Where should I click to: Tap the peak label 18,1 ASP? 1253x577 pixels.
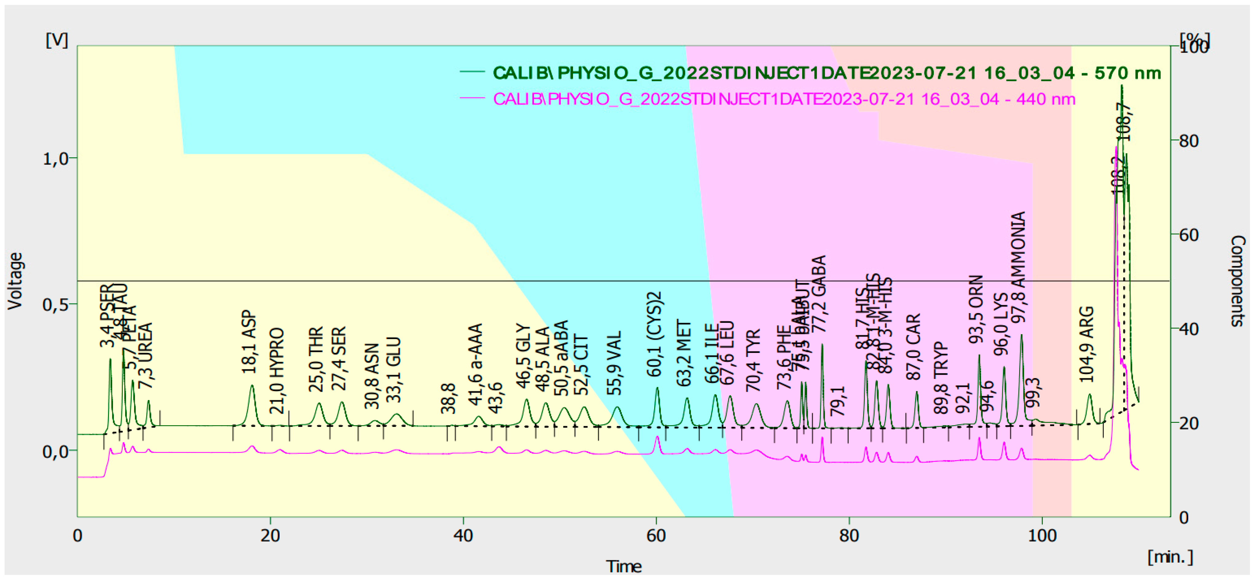click(249, 342)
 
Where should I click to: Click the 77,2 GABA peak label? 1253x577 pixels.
click(820, 294)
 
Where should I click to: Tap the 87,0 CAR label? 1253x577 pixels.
click(914, 346)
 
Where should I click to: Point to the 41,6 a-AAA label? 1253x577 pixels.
click(475, 364)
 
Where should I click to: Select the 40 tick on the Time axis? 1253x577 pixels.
click(463, 536)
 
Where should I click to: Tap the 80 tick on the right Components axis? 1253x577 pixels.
click(1189, 141)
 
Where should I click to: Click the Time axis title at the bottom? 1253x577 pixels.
click(624, 566)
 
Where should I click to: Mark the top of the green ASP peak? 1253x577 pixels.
click(252, 385)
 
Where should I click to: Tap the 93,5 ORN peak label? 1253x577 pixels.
click(976, 309)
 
